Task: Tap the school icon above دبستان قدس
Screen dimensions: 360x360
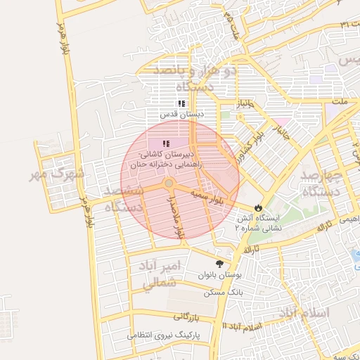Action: coord(181,103)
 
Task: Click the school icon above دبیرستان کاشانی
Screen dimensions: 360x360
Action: coord(166,144)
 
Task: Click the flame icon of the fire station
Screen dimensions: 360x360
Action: coord(259,207)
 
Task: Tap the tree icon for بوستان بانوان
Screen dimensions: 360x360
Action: coord(221,264)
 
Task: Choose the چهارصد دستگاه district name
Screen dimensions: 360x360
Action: coord(321,182)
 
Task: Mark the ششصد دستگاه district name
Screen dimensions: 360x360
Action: coord(123,199)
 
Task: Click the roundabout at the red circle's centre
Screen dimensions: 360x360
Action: coord(169,184)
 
